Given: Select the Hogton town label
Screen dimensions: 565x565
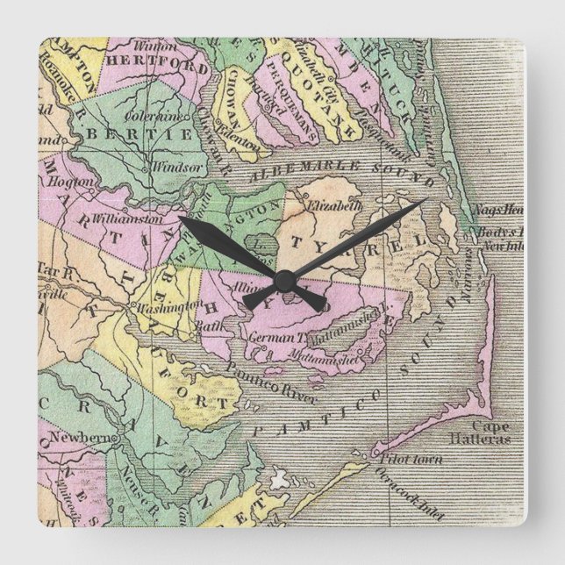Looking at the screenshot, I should (77, 182).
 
